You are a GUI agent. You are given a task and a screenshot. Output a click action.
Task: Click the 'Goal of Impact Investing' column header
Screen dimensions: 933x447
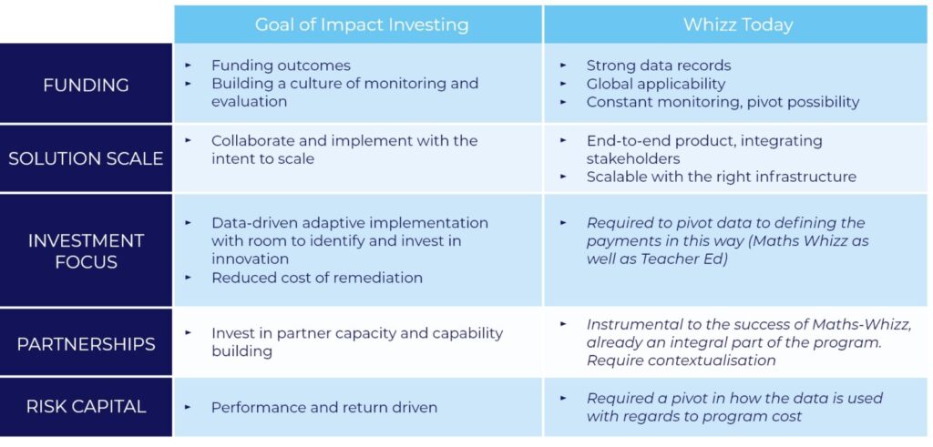click(361, 25)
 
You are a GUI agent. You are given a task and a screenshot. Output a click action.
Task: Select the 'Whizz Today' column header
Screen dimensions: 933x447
click(738, 25)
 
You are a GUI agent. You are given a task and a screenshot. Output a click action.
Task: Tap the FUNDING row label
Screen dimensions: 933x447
click(86, 85)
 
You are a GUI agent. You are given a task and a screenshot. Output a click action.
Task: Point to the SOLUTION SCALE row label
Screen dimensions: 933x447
click(86, 158)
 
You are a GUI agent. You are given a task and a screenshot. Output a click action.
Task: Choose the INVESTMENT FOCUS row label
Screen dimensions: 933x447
click(86, 251)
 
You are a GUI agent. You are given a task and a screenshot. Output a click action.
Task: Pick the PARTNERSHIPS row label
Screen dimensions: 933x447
click(86, 344)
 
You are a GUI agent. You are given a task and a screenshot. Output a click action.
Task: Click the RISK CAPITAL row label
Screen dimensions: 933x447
click(86, 407)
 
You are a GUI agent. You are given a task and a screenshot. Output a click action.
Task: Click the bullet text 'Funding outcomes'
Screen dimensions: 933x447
click(281, 66)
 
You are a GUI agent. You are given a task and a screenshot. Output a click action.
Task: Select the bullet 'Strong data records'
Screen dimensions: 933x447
click(659, 66)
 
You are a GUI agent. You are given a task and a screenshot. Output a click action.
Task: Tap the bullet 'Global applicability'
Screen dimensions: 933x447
click(656, 84)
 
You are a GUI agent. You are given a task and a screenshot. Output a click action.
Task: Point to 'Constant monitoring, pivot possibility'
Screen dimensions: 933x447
click(723, 102)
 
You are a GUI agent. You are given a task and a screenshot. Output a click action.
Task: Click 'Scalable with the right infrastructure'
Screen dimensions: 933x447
click(722, 177)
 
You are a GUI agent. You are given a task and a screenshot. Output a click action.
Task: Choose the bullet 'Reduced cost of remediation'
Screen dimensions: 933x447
click(317, 278)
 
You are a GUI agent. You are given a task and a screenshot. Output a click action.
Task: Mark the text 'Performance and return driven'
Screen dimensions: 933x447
click(324, 407)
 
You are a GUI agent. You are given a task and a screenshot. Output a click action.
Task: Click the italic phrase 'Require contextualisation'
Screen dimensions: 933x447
click(682, 361)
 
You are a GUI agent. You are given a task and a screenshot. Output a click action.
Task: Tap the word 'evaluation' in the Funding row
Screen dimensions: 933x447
click(250, 102)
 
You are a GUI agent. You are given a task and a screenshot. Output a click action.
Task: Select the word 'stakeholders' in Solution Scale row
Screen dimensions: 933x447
click(633, 158)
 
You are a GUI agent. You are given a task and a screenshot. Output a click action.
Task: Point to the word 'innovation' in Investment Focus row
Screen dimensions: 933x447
click(250, 259)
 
